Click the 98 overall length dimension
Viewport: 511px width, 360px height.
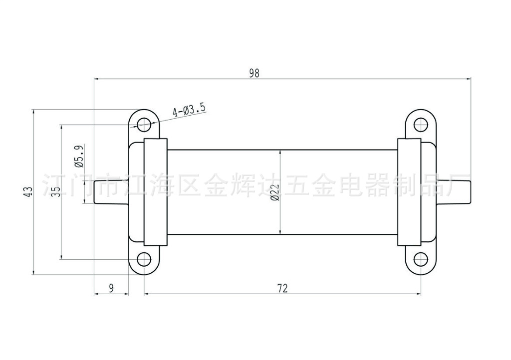click(x=255, y=73)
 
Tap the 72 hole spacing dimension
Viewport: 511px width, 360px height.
click(x=282, y=288)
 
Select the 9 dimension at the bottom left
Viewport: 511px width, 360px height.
click(x=111, y=288)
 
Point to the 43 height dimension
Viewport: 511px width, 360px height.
click(x=28, y=192)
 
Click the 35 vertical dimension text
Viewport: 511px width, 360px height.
click(x=56, y=191)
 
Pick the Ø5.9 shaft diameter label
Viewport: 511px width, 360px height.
click(x=78, y=156)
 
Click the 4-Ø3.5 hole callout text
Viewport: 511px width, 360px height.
click(x=189, y=110)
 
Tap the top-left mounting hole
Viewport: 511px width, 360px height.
click(x=144, y=123)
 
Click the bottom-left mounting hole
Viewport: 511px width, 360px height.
click(x=144, y=259)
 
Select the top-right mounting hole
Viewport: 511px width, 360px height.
click(x=421, y=123)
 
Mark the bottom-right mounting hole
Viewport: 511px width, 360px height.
click(x=421, y=259)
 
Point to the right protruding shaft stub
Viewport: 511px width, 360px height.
click(x=454, y=192)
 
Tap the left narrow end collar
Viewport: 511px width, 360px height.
click(x=155, y=192)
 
